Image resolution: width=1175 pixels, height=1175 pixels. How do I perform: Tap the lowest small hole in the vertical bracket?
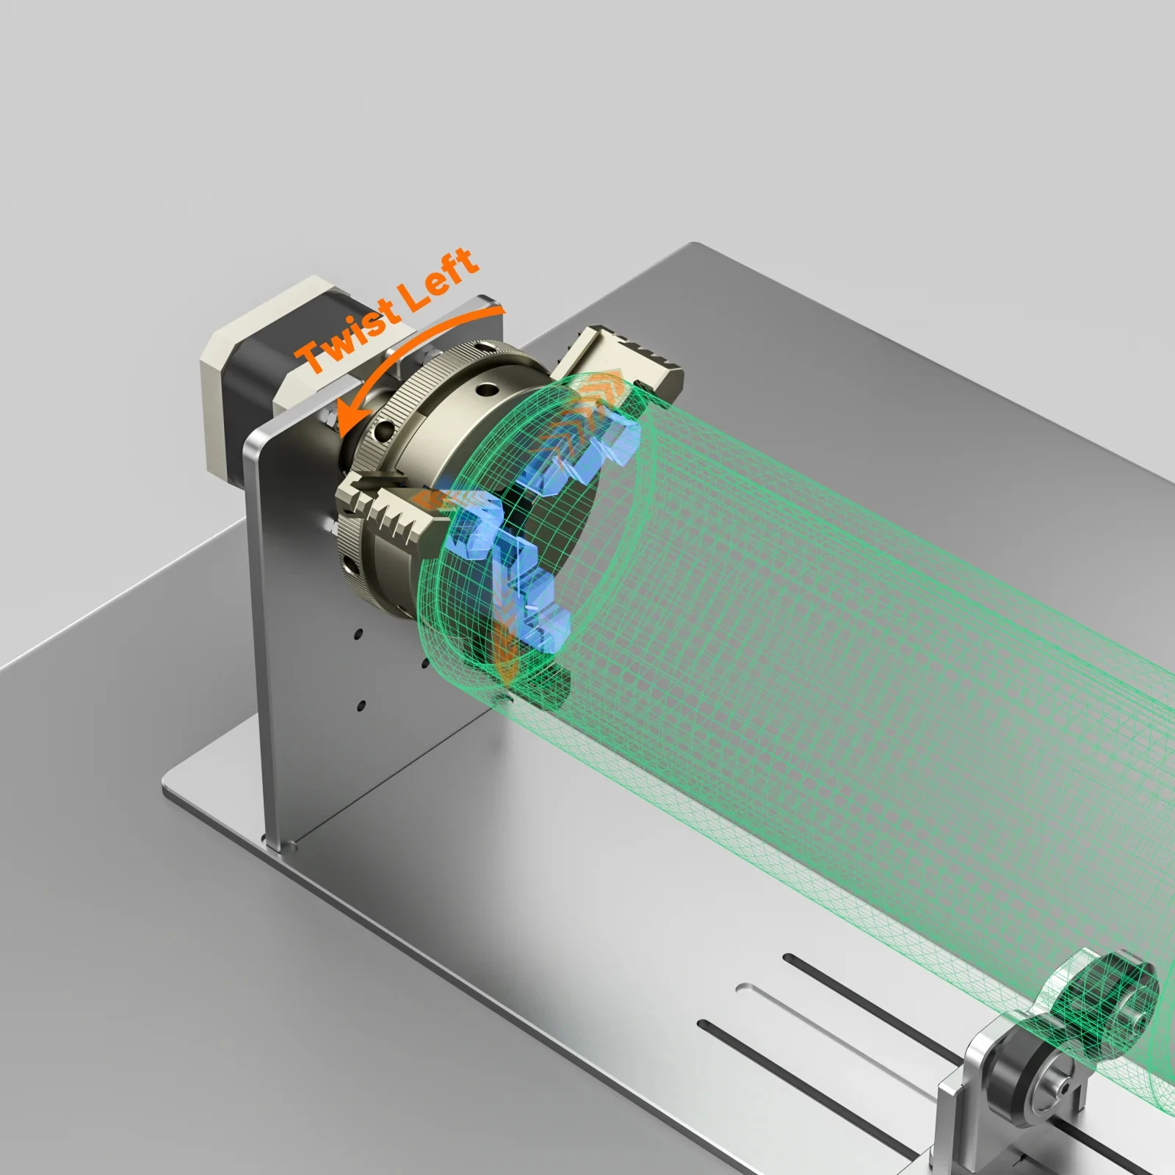tap(361, 706)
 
